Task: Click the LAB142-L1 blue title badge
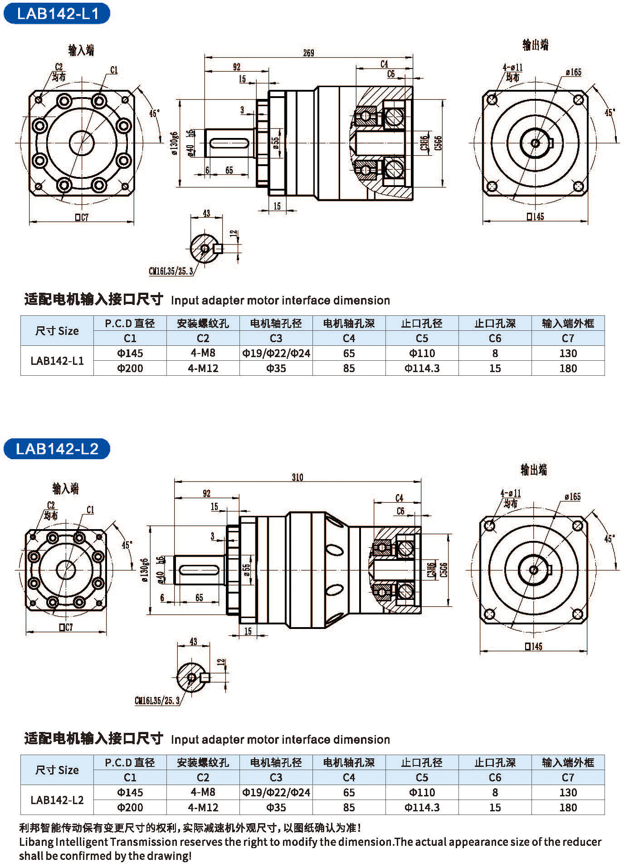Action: pyautogui.click(x=57, y=13)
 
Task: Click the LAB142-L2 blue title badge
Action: pyautogui.click(x=57, y=448)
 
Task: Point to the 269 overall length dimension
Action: pyautogui.click(x=308, y=53)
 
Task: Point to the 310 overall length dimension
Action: pyautogui.click(x=297, y=477)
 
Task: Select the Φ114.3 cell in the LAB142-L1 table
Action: pyautogui.click(x=422, y=368)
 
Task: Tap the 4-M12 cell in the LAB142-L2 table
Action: pyautogui.click(x=203, y=807)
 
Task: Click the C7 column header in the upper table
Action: pyautogui.click(x=568, y=338)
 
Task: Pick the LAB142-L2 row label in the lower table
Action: pyautogui.click(x=57, y=800)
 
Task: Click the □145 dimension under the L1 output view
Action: pyautogui.click(x=535, y=216)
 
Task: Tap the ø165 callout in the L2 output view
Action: pyautogui.click(x=573, y=496)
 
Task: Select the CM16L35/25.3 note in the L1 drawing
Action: pyautogui.click(x=171, y=271)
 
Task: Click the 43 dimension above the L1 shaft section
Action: pyautogui.click(x=206, y=213)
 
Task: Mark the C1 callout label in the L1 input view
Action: pyautogui.click(x=113, y=70)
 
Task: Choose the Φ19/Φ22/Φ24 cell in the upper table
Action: pyautogui.click(x=276, y=353)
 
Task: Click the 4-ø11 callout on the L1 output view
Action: pyautogui.click(x=512, y=68)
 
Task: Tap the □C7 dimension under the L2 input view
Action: pyautogui.click(x=66, y=628)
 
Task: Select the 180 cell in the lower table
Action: pyautogui.click(x=568, y=807)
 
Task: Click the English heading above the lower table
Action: pyautogui.click(x=280, y=739)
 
